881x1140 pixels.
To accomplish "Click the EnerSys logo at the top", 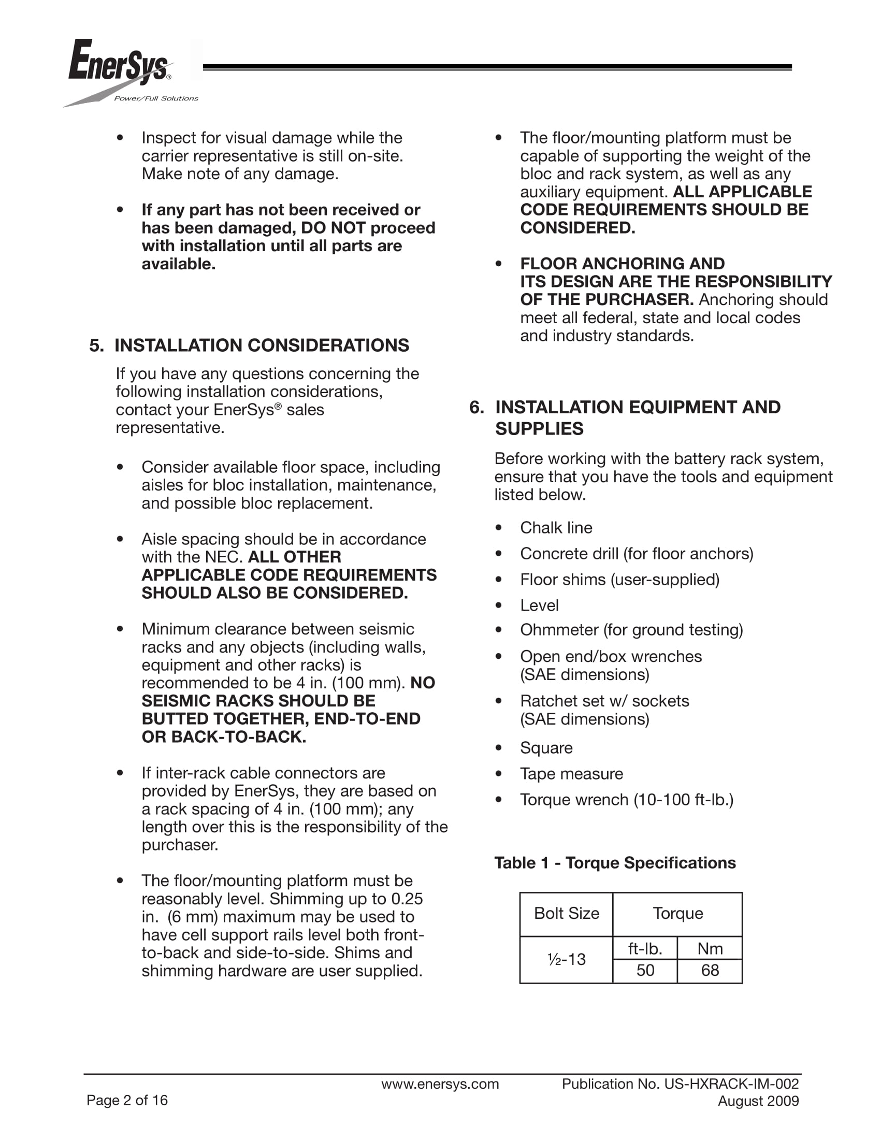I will (119, 64).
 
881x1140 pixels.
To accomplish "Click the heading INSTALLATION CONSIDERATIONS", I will (262, 345).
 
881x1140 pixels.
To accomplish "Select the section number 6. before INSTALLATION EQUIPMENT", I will (476, 407).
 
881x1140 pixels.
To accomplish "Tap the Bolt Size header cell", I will (566, 914).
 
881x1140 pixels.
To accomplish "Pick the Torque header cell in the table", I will (677, 914).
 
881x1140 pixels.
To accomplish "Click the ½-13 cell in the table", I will (566, 959).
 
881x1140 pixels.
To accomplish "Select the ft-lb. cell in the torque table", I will (645, 948).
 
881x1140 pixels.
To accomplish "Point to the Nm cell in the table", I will (710, 948).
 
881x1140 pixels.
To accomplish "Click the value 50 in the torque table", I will (645, 970).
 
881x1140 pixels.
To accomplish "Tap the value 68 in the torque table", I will (710, 970).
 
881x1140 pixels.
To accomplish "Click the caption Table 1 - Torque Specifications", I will (615, 863).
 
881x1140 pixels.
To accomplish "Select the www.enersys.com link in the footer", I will (440, 1084).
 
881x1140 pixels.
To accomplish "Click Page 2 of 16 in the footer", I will (127, 1100).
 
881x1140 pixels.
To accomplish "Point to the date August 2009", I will (758, 1101).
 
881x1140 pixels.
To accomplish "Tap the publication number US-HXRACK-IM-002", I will (731, 1084).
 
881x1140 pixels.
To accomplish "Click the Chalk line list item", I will (556, 528).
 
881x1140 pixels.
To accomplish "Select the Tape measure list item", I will (571, 774).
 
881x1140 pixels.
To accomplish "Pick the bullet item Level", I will (539, 605).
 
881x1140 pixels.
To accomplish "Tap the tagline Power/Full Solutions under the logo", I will (156, 98).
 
